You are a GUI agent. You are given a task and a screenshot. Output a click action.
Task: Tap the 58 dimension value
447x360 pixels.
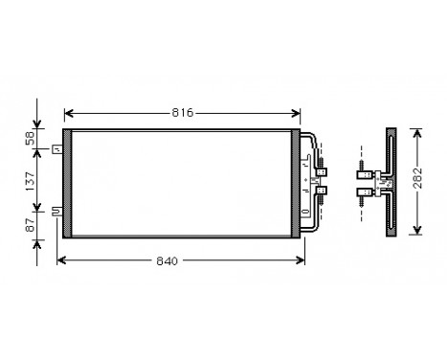pos(30,139)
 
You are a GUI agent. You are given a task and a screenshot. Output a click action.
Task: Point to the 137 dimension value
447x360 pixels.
pos(30,179)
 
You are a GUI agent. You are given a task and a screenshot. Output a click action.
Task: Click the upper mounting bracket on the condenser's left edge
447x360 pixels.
pos(58,148)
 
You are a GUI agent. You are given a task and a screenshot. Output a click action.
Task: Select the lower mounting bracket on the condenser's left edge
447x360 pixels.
pos(58,213)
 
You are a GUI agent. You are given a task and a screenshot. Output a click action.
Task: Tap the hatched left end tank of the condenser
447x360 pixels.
pos(67,182)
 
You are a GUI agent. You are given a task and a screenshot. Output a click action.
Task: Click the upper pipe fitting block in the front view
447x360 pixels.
pos(321,172)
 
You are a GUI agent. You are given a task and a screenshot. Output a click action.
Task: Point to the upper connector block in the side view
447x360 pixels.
pos(365,173)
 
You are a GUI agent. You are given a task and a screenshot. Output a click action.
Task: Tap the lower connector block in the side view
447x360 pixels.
pos(365,191)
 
